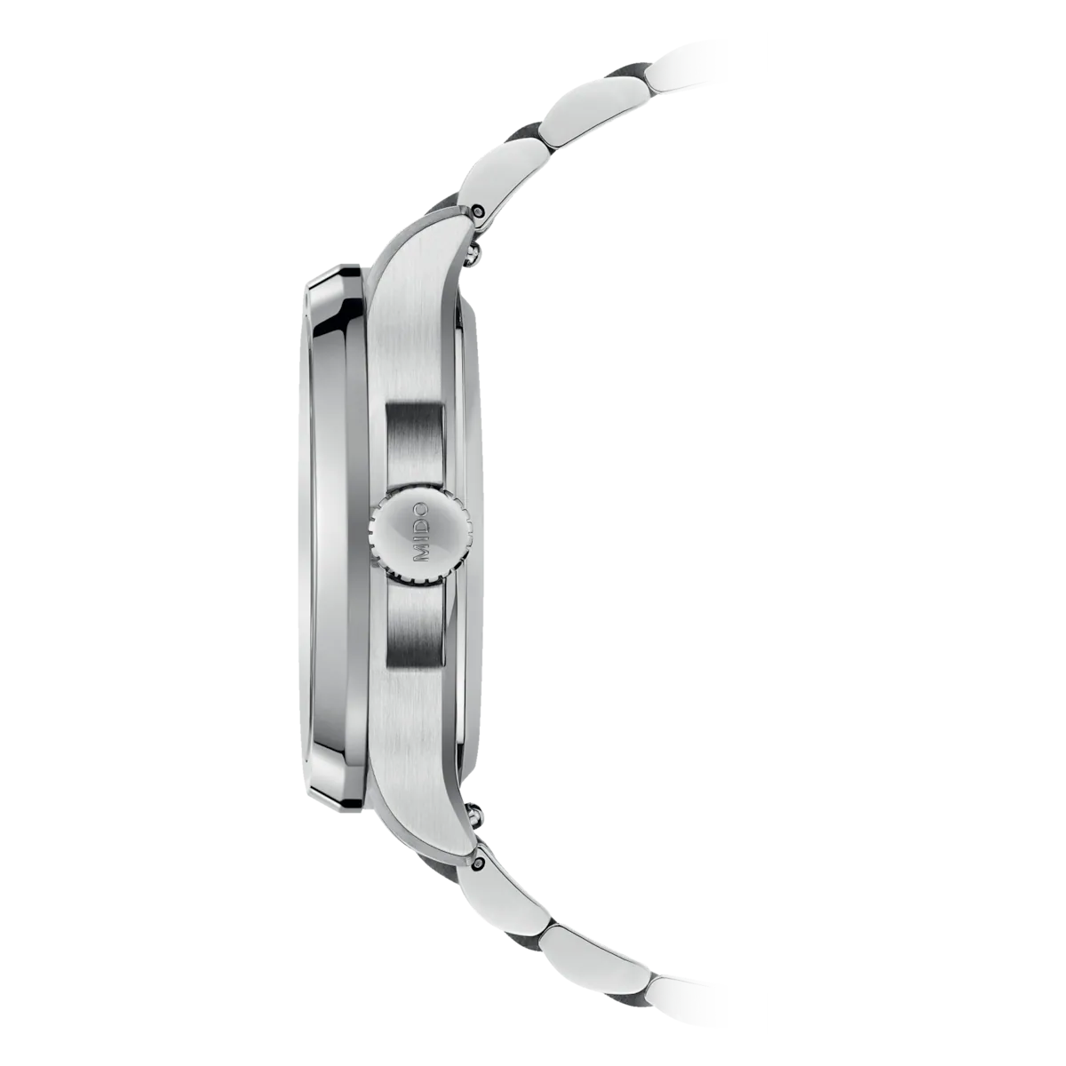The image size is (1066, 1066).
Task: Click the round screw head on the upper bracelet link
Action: [x=478, y=210]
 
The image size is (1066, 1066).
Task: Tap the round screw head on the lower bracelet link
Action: [x=478, y=860]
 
